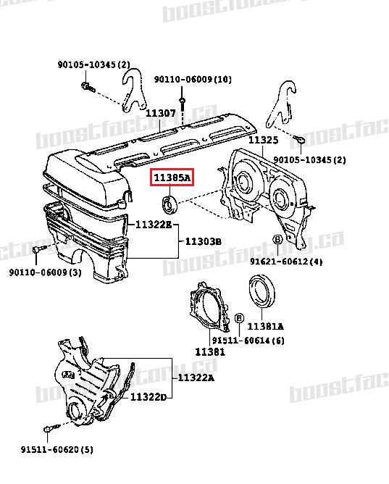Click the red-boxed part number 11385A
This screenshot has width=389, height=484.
171,178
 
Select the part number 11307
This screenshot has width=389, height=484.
160,113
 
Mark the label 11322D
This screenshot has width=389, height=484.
149,397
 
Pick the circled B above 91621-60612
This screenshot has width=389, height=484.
277,240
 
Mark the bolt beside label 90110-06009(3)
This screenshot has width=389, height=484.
36,250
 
